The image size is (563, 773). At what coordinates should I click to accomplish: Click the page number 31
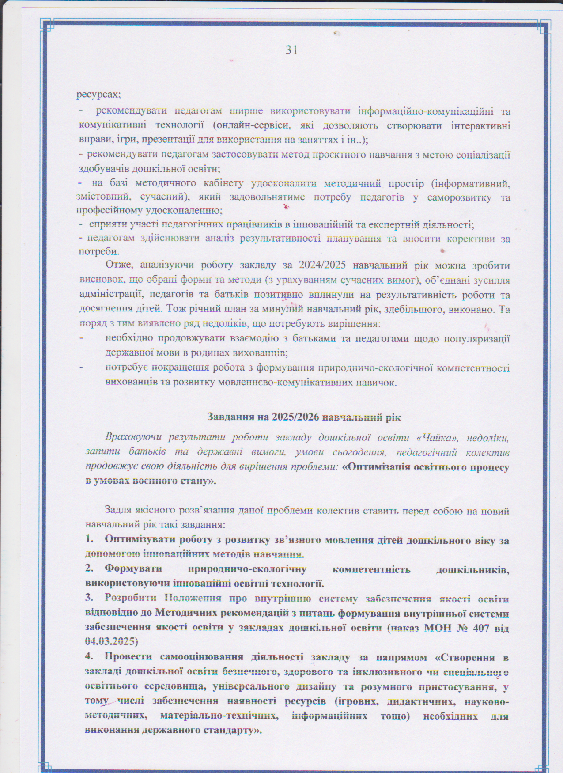click(x=291, y=50)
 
